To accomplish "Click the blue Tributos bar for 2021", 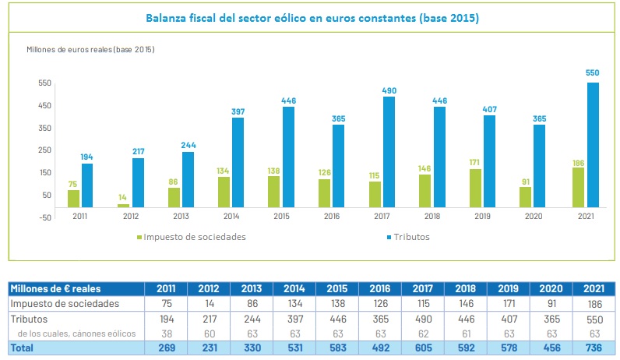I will [x=593, y=145].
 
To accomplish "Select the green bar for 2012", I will [x=124, y=206].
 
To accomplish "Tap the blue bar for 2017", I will [x=389, y=152].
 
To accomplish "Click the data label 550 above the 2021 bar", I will [x=593, y=73].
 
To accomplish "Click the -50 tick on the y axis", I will [x=43, y=217].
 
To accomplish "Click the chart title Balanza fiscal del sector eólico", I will [x=312, y=17].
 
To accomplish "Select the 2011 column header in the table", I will [x=167, y=289].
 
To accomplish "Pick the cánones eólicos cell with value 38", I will [x=167, y=334].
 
